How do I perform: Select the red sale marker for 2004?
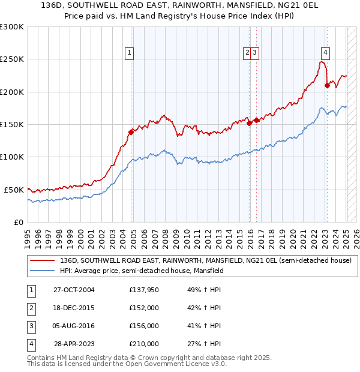pos(131,132)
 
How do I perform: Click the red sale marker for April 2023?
pos(327,85)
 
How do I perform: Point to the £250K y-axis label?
pos(12,59)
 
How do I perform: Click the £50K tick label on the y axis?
pos(14,190)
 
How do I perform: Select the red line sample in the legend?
pos(43,260)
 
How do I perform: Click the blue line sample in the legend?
pos(43,271)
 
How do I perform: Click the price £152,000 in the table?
pos(144,308)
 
